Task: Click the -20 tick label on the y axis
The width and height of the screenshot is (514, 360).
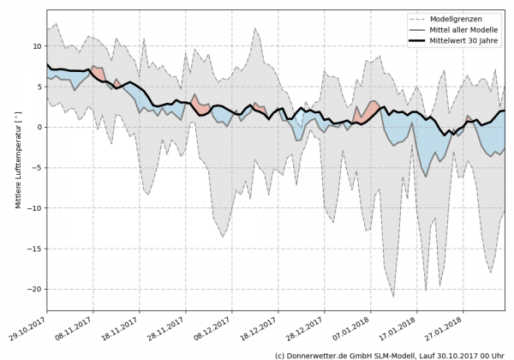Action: pyautogui.click(x=33, y=289)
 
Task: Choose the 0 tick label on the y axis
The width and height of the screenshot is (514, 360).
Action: pyautogui.click(x=38, y=127)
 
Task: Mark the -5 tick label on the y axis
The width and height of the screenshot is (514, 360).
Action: pyautogui.click(x=35, y=167)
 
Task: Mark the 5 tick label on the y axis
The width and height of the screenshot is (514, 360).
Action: pyautogui.click(x=38, y=87)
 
